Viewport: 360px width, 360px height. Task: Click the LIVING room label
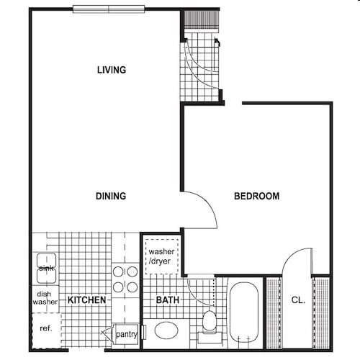(x=112, y=70)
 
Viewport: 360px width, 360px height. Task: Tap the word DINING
(x=111, y=196)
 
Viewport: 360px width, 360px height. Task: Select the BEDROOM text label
(x=257, y=196)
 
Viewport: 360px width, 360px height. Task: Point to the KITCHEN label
(x=87, y=300)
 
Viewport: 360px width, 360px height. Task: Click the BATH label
(x=167, y=300)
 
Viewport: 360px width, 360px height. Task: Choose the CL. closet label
(x=298, y=300)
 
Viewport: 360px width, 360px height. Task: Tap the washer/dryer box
(x=161, y=256)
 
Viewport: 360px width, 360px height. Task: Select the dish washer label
(x=45, y=297)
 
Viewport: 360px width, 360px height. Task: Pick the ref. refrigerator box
(x=46, y=329)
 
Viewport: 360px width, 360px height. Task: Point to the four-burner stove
(x=125, y=279)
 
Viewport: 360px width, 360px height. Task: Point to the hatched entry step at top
(x=199, y=20)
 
